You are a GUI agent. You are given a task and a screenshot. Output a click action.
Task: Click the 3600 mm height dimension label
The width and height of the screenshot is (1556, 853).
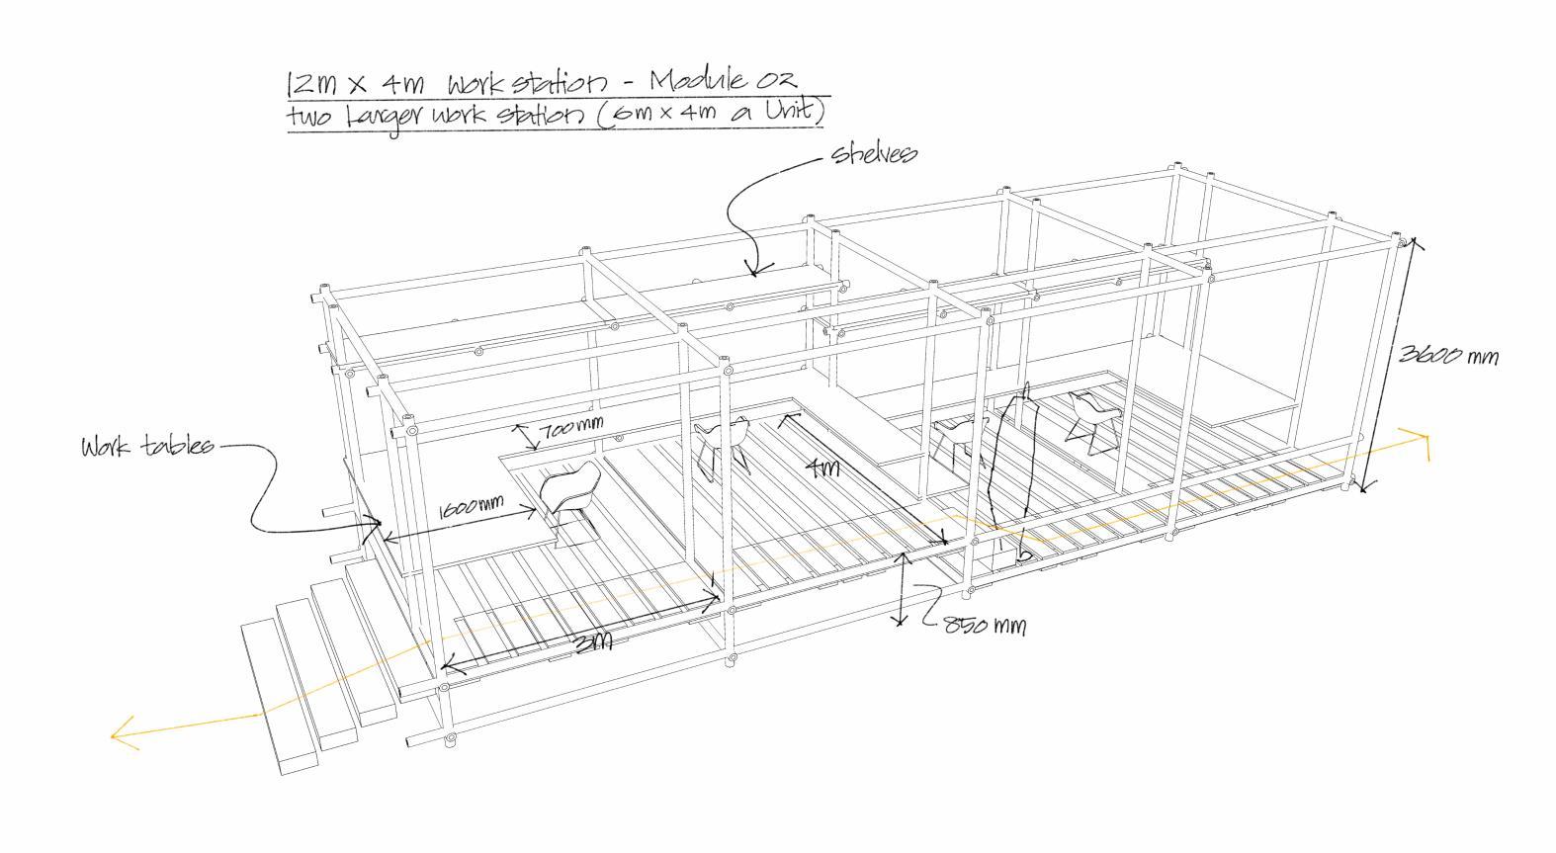click(1448, 355)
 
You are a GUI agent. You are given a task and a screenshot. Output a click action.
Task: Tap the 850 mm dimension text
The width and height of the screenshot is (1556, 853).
click(984, 626)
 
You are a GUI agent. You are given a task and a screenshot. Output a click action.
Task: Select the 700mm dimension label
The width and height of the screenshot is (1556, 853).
click(570, 429)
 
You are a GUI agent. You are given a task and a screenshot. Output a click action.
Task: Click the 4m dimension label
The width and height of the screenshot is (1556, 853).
click(822, 469)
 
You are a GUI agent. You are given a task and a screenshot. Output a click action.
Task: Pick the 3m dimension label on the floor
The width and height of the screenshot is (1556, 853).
click(592, 641)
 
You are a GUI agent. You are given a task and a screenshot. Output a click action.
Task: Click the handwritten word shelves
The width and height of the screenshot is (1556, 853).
click(874, 154)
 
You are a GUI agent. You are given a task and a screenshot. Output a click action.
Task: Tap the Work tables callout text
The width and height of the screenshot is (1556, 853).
click(147, 447)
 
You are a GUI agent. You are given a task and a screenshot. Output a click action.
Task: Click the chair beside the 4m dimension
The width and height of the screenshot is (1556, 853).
click(723, 443)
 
